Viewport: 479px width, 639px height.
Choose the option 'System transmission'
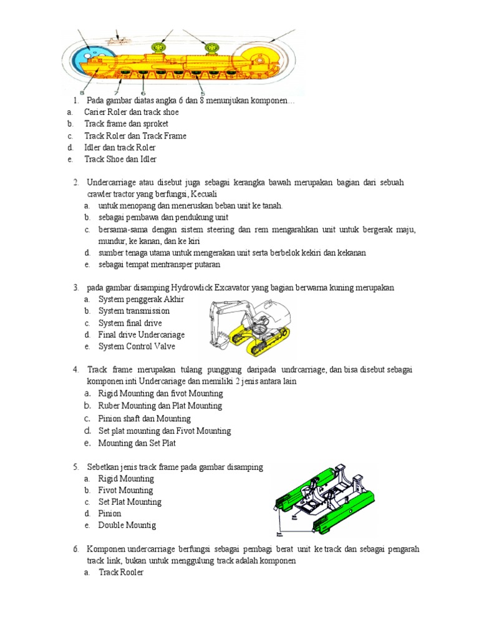133,311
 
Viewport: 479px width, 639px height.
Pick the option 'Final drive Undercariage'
141,334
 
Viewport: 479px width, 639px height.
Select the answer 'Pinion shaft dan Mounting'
144,419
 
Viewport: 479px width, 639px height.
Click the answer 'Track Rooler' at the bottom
121,572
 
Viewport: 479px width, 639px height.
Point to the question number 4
75,369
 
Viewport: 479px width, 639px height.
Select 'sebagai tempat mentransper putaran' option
159,265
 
